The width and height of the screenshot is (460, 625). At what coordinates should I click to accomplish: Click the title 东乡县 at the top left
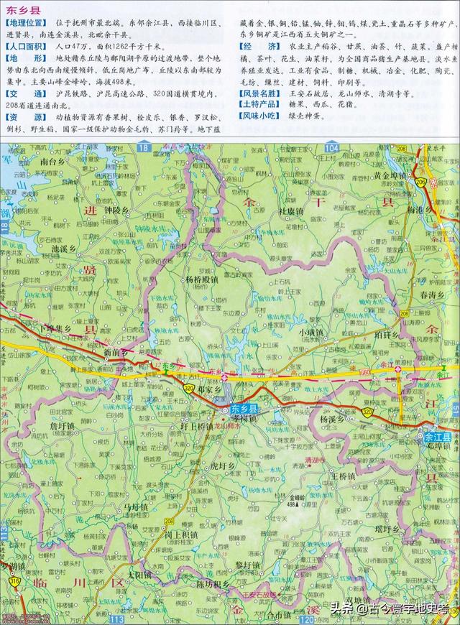click(23, 11)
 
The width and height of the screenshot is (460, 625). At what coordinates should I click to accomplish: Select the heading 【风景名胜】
click(261, 93)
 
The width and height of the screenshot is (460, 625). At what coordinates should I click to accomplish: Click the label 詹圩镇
click(62, 426)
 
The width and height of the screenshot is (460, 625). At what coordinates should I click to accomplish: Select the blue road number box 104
click(331, 148)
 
